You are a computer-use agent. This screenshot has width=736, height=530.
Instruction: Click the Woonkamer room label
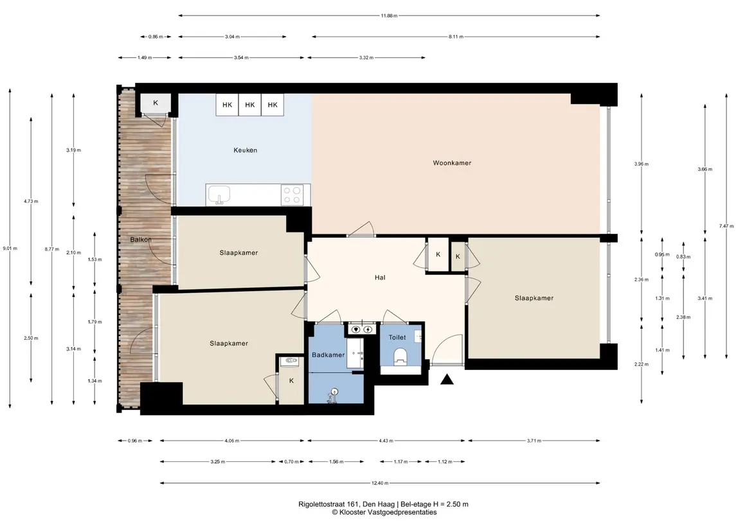451,163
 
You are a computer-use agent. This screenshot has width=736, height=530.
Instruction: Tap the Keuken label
245,150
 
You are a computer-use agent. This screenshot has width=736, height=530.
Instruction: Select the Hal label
380,277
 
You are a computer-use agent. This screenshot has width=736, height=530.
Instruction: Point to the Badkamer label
328,355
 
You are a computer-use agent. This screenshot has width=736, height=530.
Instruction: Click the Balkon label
141,239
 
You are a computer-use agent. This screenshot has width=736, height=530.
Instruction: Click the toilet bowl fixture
400,356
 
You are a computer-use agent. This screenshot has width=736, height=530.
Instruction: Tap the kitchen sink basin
219,194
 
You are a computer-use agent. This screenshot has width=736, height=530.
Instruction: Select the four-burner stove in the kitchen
291,195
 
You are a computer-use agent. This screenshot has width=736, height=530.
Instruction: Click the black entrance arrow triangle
447,380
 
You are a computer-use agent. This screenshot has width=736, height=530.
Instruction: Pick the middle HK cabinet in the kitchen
249,105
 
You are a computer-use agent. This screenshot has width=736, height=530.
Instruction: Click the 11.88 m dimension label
389,15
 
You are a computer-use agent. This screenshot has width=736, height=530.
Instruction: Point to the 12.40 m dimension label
380,482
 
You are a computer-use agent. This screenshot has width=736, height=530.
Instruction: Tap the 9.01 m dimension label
10,248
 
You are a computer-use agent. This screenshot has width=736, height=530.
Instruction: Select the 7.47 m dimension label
726,226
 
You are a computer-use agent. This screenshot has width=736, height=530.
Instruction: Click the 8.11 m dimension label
456,37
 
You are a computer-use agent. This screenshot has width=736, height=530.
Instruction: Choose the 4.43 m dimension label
386,441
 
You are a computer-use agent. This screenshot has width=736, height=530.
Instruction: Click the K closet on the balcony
156,103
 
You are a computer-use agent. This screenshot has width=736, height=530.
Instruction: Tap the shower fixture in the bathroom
333,395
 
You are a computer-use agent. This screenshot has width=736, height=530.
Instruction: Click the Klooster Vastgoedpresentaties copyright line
384,512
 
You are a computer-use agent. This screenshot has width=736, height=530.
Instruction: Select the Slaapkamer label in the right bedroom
534,298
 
